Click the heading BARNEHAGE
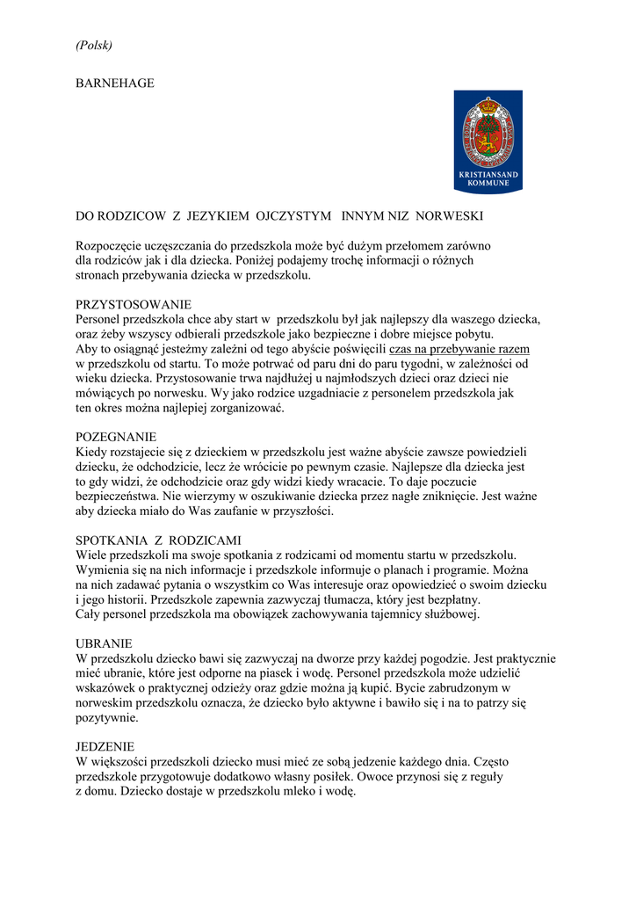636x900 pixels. click(x=115, y=83)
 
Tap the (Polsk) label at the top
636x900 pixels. click(x=94, y=45)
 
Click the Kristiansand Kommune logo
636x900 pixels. click(x=488, y=142)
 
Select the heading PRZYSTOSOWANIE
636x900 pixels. click(x=134, y=304)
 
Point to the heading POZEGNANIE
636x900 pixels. click(x=116, y=437)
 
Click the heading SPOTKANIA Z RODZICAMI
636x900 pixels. click(x=159, y=540)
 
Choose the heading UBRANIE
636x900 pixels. click(x=104, y=643)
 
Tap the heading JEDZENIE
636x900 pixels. click(x=105, y=746)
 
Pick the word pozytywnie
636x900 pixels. click(x=107, y=718)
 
